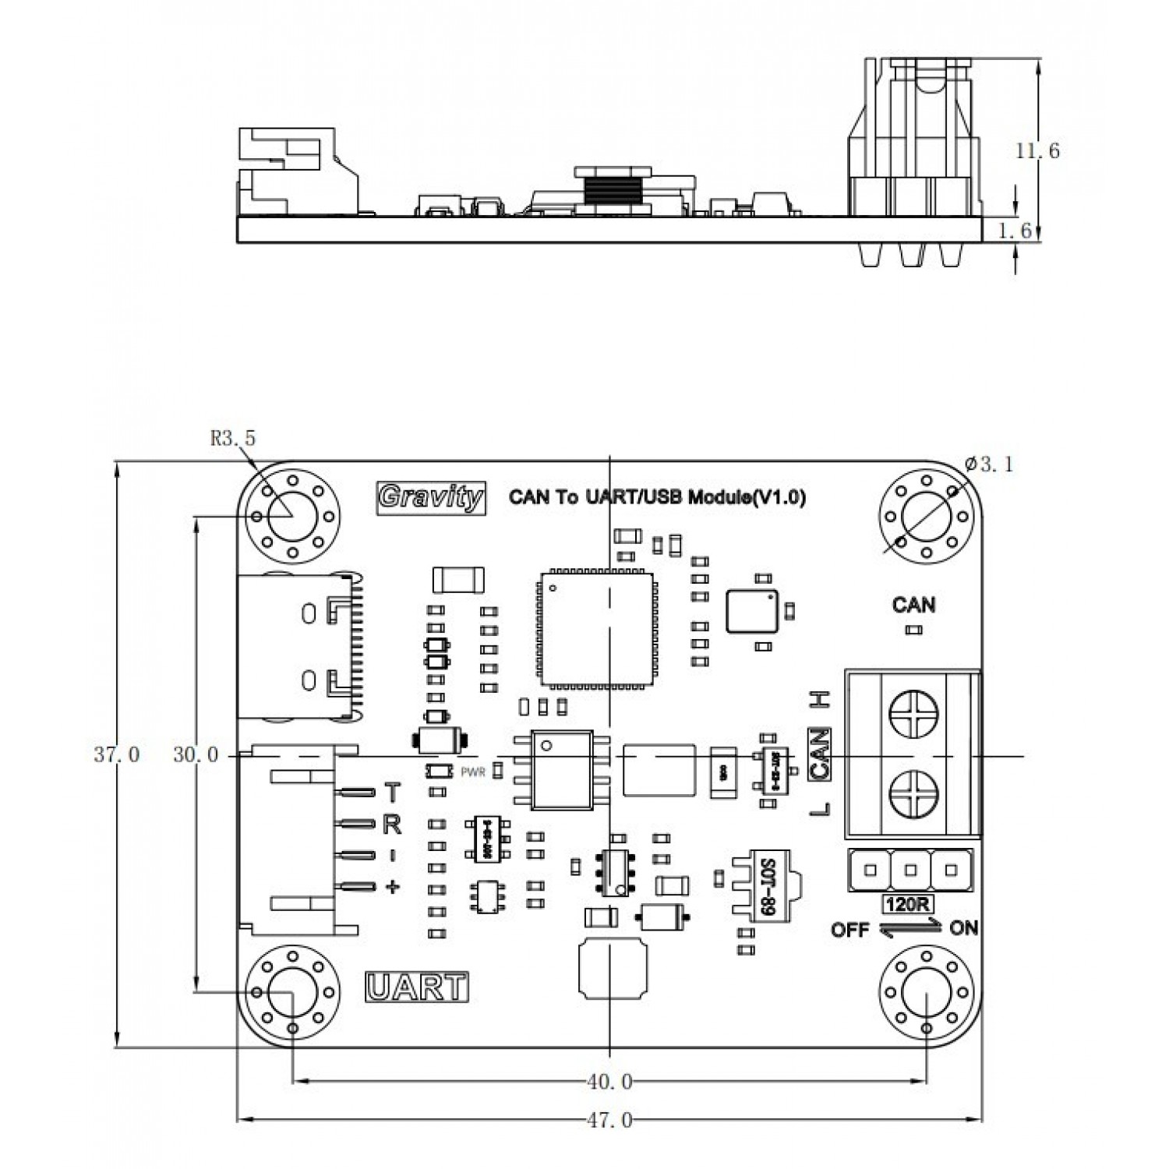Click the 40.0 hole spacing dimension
609,1082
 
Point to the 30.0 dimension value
196,754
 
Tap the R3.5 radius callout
232,439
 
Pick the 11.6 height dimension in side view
1037,150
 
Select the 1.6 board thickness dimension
1037,231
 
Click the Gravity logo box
431,497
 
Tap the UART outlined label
417,987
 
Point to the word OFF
849,930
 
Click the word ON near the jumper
964,928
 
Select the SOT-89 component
765,886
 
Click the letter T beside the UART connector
393,793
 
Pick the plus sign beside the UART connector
393,886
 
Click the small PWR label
473,772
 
